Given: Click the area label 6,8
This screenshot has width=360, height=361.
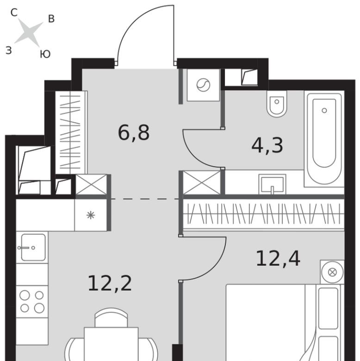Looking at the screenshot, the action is tap(134, 133).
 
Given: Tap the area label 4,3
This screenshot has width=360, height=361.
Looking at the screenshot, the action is tap(267, 145).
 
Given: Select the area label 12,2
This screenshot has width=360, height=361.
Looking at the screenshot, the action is tap(110, 283).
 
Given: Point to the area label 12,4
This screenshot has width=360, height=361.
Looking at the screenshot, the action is tap(278, 259).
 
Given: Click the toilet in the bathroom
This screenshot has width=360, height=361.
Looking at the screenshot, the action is tap(277, 103).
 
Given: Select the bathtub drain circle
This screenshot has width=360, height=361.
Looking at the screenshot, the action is tap(324, 111).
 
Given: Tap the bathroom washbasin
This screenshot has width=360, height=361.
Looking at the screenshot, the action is tap(272, 184).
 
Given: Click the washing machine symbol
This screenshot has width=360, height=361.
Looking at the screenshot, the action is tap(203, 85).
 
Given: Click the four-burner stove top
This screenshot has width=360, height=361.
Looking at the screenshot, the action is tap(32, 302).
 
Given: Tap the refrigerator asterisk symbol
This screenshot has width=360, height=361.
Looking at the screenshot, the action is tap(91, 215).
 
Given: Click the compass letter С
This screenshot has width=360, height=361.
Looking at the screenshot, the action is tap(14, 12).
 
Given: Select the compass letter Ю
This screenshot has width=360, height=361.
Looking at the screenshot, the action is tap(45, 54).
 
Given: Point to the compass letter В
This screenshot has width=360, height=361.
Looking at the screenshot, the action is tap(51, 19).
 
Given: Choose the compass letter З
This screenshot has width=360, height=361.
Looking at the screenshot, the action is tap(8, 50).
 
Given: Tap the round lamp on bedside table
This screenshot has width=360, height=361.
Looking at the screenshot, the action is tap(332, 272).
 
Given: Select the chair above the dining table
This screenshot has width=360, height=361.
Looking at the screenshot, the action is tap(111, 317).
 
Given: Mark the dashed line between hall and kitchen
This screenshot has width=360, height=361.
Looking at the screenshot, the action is tap(144, 199).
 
